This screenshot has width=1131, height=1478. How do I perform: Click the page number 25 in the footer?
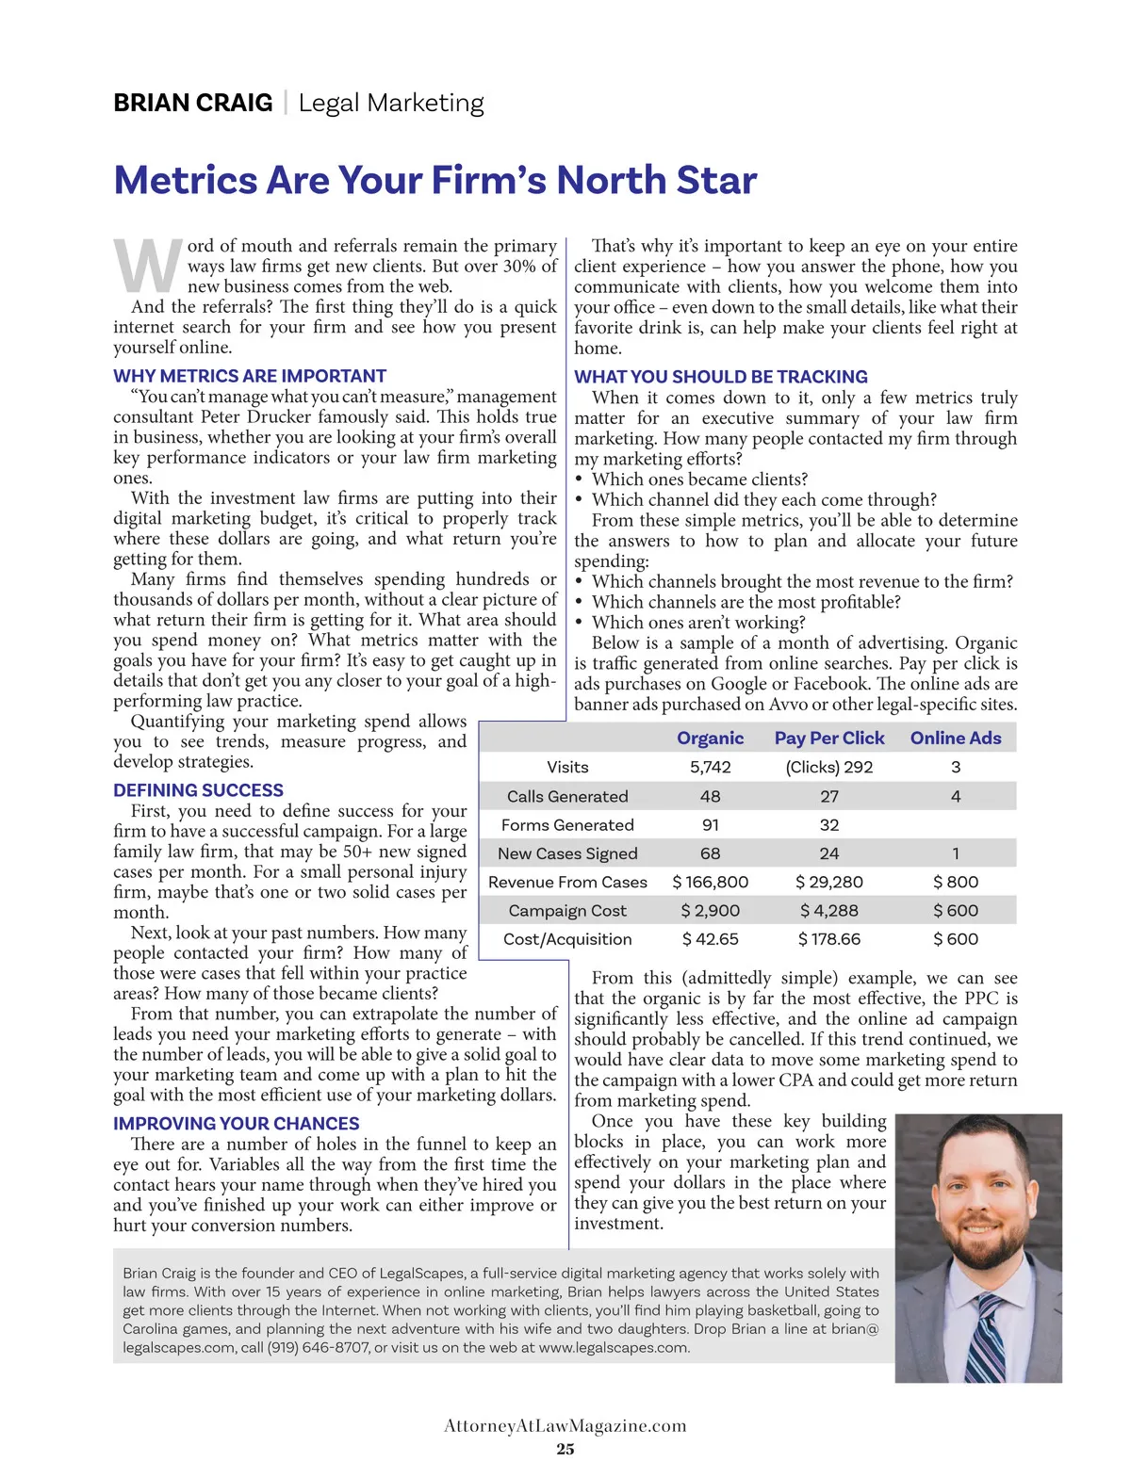point(565,1449)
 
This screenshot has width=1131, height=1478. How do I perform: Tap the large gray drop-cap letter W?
point(148,267)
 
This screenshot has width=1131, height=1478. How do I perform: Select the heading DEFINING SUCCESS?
point(198,790)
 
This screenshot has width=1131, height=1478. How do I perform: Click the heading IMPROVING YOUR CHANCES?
point(236,1124)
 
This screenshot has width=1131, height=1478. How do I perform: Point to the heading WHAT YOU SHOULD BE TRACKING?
point(721,377)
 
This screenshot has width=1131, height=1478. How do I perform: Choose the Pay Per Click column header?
point(829,739)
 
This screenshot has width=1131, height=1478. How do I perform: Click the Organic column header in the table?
point(710,739)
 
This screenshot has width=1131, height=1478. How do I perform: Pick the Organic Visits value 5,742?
point(710,768)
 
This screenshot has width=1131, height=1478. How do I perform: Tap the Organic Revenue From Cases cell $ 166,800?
point(710,883)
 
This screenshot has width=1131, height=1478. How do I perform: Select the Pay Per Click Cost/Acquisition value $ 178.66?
point(829,939)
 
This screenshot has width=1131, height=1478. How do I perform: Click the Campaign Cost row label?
point(567,911)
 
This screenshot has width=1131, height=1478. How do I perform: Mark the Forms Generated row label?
point(567,825)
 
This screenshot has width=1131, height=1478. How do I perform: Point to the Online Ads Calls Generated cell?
point(956,797)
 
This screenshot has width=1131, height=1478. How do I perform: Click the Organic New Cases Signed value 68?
point(710,853)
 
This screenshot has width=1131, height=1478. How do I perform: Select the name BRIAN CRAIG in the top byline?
point(193,103)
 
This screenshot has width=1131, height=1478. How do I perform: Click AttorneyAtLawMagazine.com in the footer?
point(565,1425)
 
